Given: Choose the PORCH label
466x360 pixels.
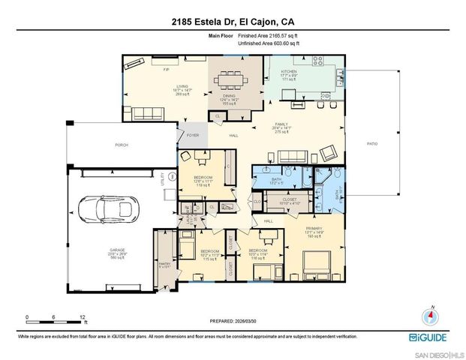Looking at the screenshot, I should (121, 145).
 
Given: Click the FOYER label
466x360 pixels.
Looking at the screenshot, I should (192, 135).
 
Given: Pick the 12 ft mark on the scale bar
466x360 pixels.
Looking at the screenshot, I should (82, 316).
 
